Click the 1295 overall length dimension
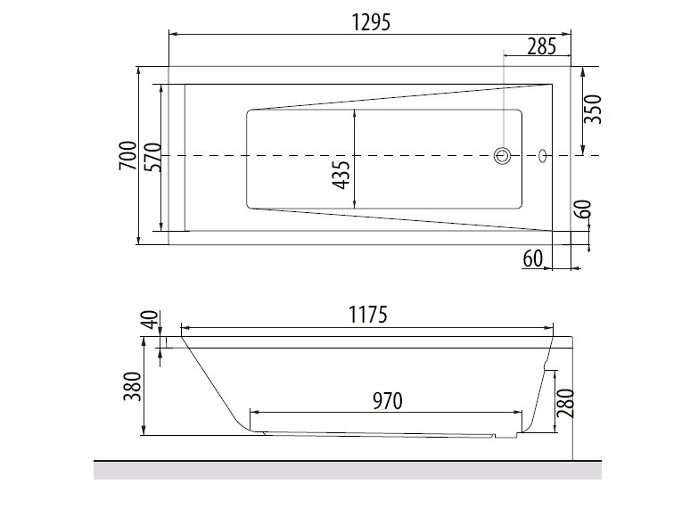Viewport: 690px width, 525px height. tap(371, 22)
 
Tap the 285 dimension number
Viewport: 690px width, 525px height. tap(542, 46)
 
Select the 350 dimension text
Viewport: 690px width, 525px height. tap(593, 109)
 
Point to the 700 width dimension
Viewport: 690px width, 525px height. tap(128, 155)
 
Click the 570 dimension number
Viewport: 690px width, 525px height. tap(153, 157)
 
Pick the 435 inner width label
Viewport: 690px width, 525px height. tap(342, 175)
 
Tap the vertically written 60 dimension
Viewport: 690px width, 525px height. tap(584, 209)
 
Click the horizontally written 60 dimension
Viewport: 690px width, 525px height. tap(533, 258)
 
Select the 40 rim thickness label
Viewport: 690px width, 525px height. tap(151, 320)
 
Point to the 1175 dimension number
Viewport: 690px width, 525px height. tap(368, 315)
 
